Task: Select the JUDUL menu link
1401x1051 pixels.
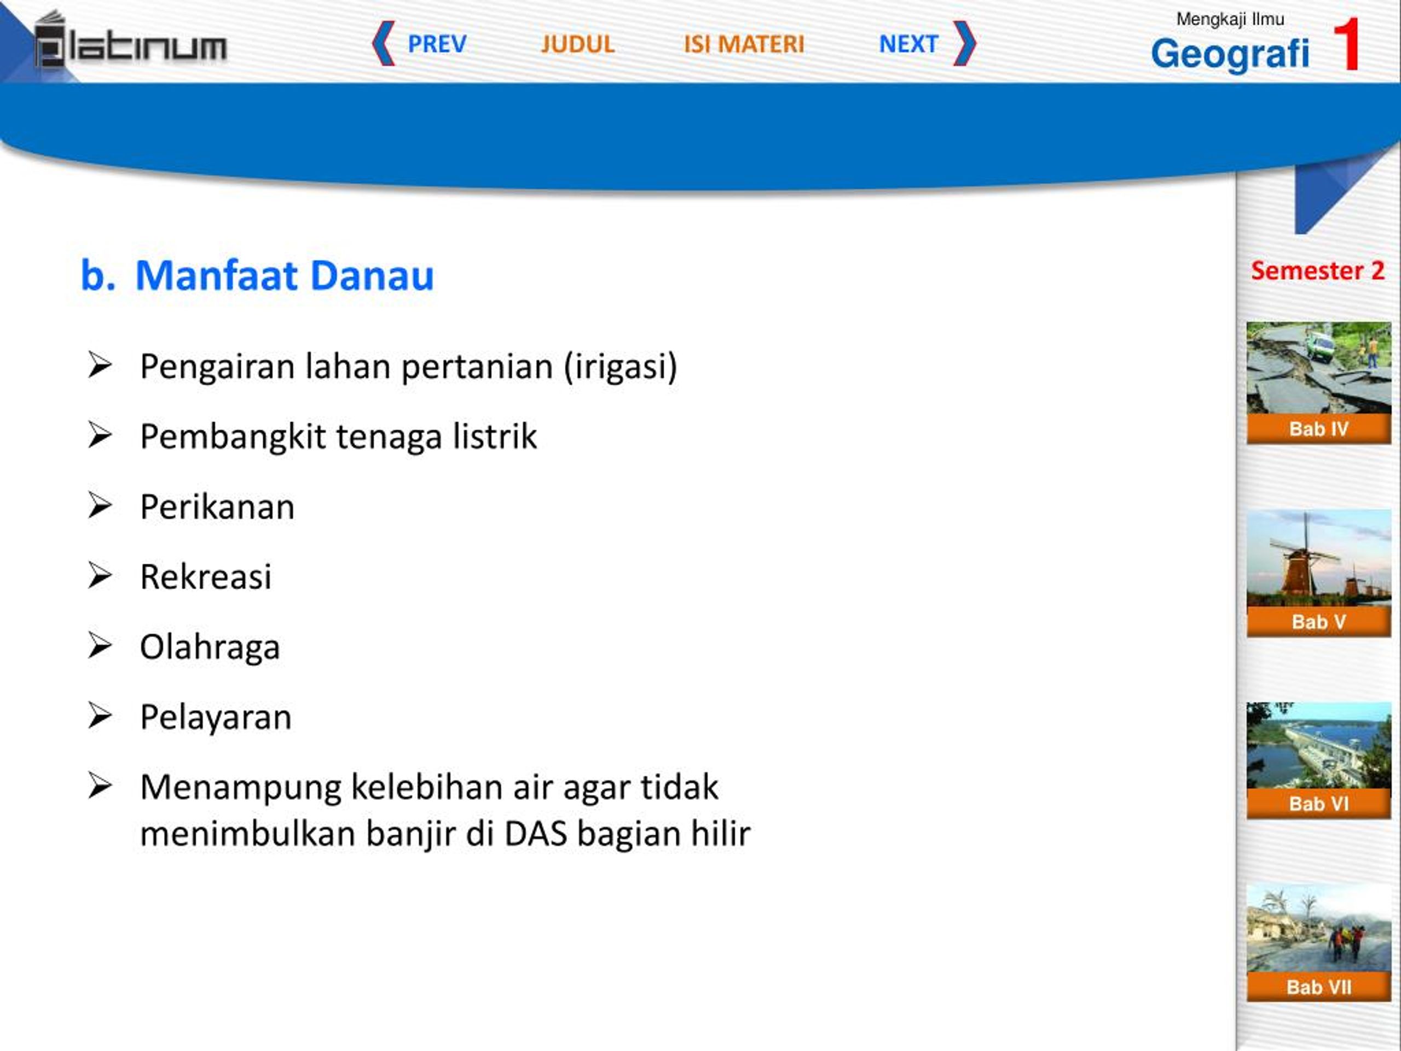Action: click(577, 44)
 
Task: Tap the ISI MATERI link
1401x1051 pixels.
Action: click(744, 44)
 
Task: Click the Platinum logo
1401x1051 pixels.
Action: click(130, 40)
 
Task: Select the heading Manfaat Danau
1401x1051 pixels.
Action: click(285, 275)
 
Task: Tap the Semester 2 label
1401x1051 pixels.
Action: click(1317, 270)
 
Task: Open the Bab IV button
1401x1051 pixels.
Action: click(1319, 429)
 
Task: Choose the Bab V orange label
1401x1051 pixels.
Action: click(1319, 621)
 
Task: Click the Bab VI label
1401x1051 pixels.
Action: click(1319, 803)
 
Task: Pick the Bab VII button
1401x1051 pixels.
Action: click(1319, 986)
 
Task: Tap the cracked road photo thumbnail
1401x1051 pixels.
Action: click(1319, 368)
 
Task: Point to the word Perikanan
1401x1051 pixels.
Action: click(217, 507)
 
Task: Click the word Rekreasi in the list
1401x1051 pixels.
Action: click(206, 577)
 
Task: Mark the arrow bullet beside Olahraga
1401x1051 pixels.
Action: click(100, 645)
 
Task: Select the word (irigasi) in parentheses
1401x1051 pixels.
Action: click(621, 367)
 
